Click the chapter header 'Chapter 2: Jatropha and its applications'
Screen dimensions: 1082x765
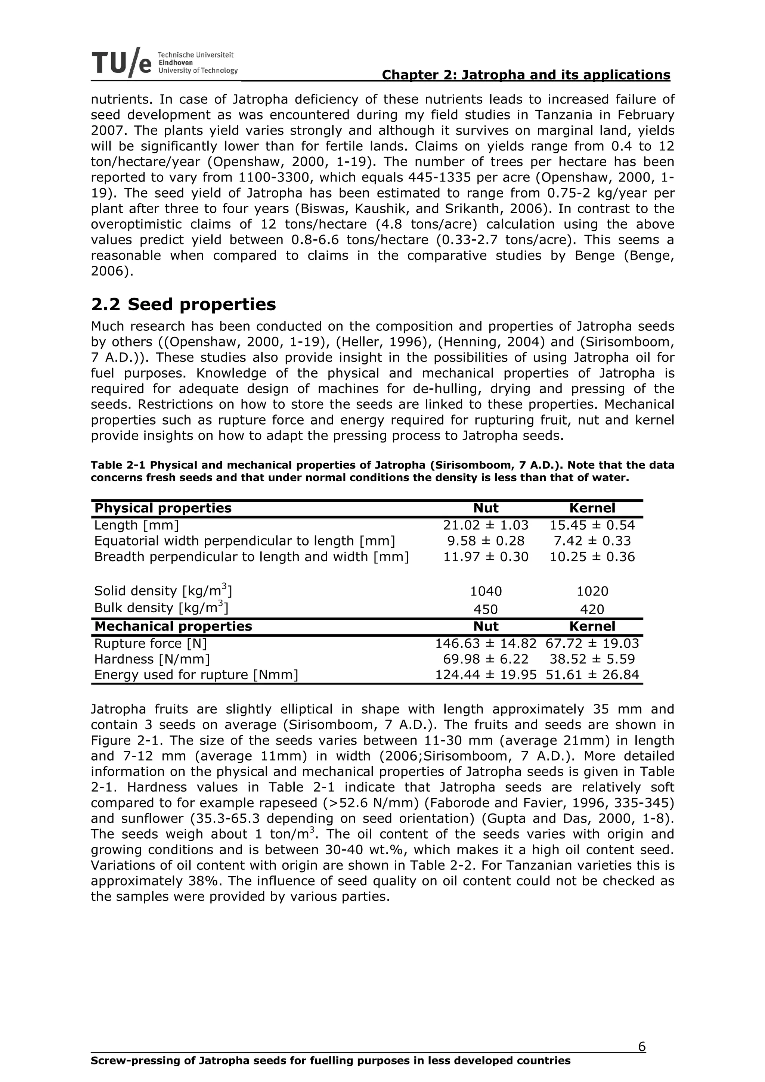coord(526,75)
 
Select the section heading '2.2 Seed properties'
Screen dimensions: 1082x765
coord(183,304)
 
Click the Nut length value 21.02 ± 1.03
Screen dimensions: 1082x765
coord(486,525)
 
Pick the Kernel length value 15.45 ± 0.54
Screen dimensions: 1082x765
coord(592,525)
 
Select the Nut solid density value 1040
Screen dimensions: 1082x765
coord(486,591)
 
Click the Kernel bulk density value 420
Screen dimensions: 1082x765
coord(592,609)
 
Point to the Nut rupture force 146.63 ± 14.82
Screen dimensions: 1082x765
coord(486,643)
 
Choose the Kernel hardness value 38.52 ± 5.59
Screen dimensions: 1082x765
coord(592,659)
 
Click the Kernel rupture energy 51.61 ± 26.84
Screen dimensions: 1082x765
coord(592,675)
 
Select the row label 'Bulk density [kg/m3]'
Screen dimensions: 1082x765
coord(161,608)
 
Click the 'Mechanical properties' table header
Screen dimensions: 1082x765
coord(173,626)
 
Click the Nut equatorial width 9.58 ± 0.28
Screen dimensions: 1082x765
coord(486,541)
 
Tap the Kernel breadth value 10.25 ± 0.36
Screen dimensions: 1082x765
coord(592,557)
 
